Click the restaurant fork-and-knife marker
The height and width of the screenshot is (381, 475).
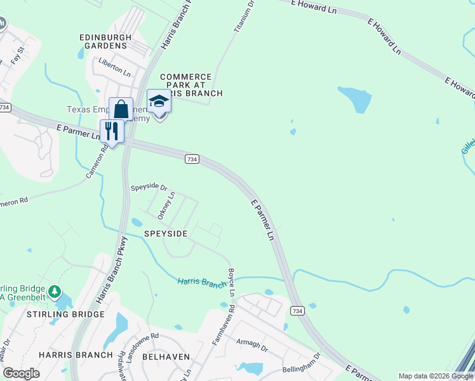coord(112,131)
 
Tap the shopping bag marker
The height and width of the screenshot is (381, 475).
coord(121,109)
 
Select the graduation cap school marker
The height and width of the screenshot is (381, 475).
coord(159,102)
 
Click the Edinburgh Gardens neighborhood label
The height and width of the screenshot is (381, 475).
coord(105,41)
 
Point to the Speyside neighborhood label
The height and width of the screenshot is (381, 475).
coord(165,234)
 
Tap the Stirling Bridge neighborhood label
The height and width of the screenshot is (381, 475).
coord(65,314)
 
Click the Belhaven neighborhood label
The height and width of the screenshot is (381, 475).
coord(166,357)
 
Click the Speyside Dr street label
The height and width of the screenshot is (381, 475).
coord(149,188)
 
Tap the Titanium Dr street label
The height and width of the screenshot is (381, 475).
coord(244,17)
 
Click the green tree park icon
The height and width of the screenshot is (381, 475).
coord(55,292)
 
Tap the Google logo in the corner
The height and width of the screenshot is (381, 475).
coord(21,373)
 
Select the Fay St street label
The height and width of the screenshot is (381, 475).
coord(17,55)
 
